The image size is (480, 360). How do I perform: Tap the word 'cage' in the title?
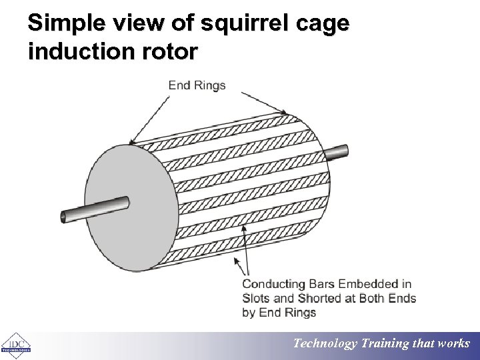[x=323, y=24]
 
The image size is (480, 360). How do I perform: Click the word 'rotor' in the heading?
[x=171, y=51]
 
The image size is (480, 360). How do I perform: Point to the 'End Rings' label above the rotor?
[x=197, y=85]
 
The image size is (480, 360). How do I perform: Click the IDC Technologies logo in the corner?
[x=16, y=345]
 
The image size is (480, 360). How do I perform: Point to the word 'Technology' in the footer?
[x=326, y=344]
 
